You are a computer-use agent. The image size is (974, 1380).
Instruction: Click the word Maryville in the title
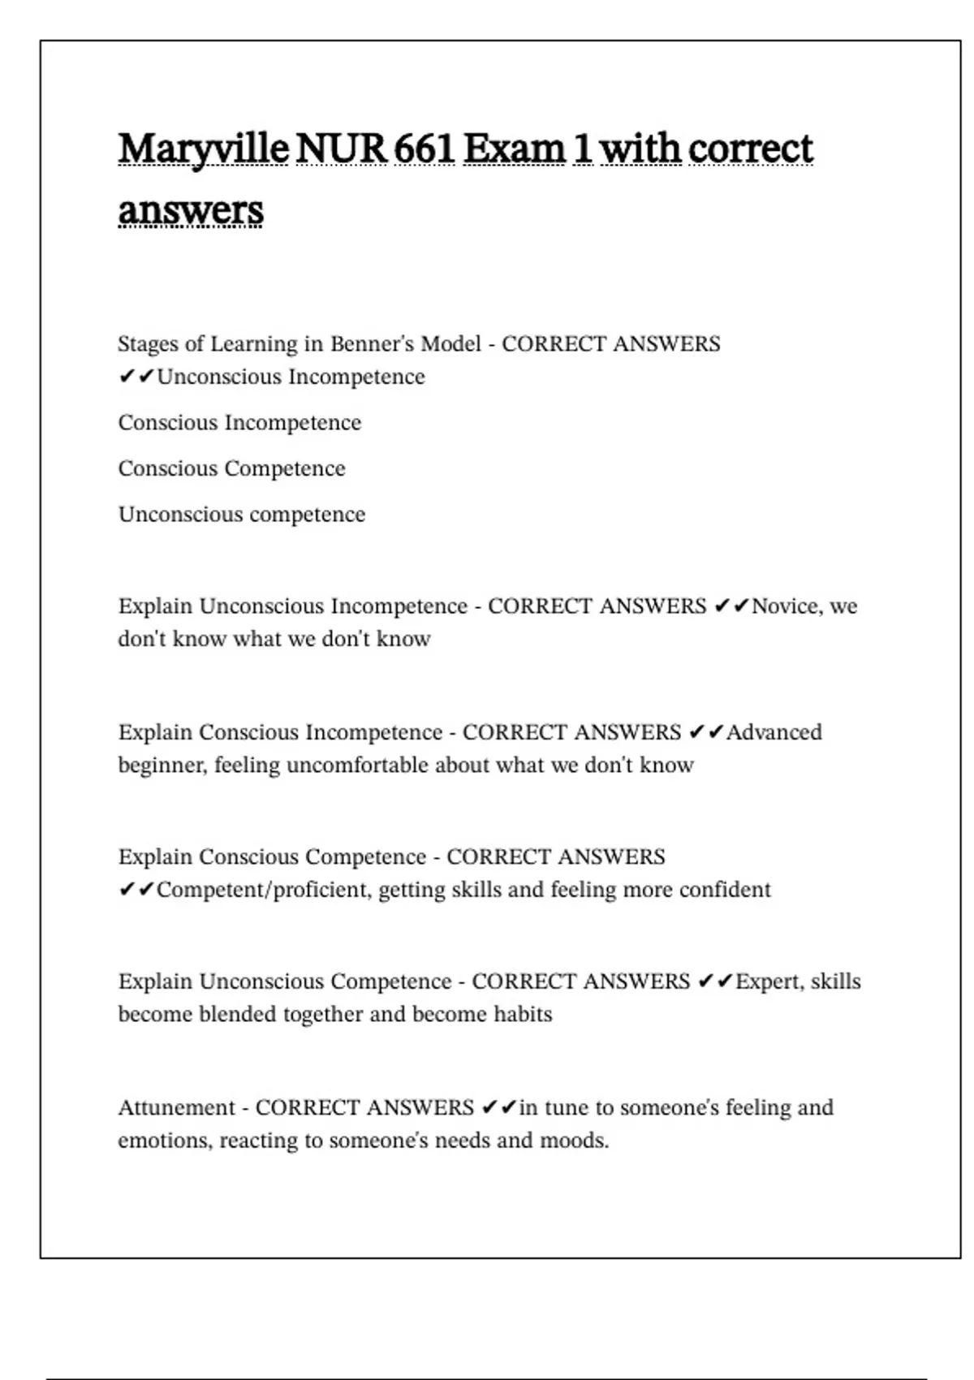pos(203,149)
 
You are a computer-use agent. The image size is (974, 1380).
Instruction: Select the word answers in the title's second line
pos(191,211)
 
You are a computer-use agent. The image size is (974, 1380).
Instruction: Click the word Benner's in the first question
pos(364,344)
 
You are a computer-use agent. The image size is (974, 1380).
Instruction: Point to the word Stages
pos(149,344)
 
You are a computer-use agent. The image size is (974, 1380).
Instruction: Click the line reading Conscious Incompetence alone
pos(239,423)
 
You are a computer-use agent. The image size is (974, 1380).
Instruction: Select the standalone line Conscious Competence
pos(231,469)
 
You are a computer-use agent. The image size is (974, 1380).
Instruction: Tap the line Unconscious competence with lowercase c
pos(242,515)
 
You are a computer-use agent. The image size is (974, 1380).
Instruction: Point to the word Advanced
pos(774,732)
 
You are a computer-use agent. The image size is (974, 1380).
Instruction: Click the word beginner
pos(162,765)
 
